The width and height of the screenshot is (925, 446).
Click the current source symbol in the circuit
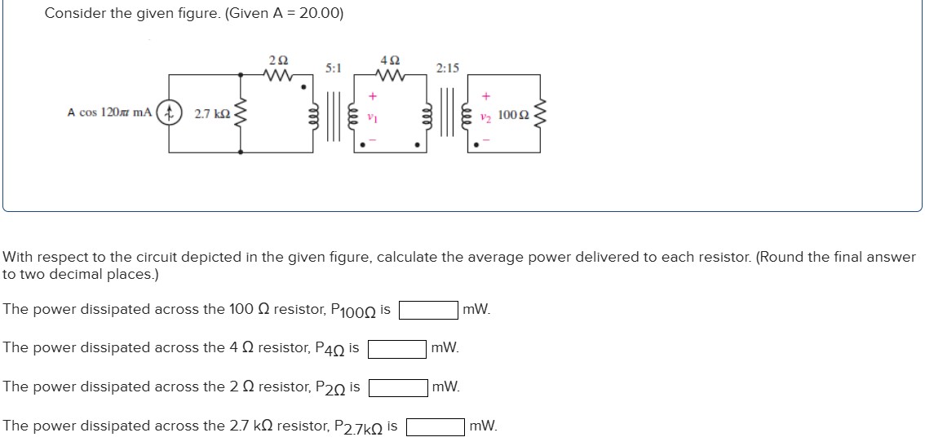[170, 113]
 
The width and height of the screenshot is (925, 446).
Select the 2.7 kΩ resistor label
[212, 114]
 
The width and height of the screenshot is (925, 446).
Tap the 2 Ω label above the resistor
[277, 60]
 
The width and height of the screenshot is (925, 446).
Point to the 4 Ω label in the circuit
[390, 60]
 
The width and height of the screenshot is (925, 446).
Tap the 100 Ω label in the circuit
[513, 114]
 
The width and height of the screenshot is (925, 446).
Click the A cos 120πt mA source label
[109, 113]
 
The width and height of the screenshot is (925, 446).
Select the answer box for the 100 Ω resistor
[427, 310]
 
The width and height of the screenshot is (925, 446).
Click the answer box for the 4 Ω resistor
[396, 349]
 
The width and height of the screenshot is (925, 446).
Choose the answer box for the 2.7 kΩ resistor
[436, 426]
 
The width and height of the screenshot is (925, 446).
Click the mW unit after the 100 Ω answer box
[476, 310]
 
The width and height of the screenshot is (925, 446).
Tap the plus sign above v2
[486, 95]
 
